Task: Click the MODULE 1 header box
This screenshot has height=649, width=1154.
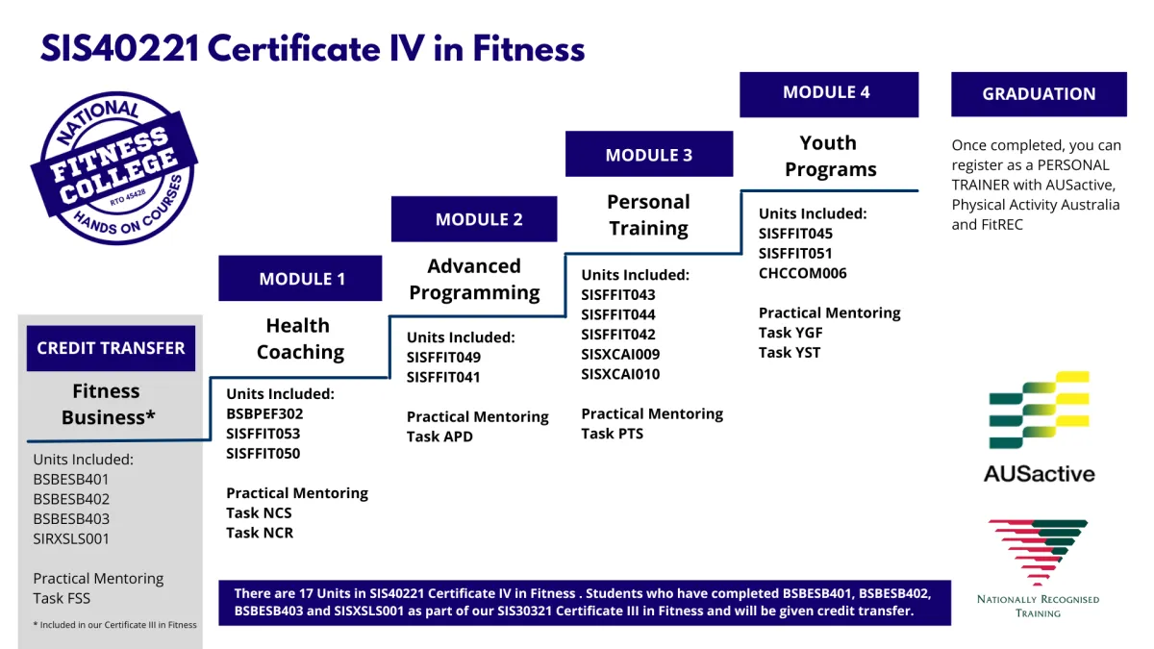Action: [300, 279]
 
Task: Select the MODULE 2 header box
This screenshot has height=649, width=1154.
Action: [474, 219]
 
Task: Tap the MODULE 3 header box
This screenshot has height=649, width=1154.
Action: [649, 155]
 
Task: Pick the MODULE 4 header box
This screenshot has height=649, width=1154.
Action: [828, 93]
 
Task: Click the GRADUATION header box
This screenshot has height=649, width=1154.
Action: [1039, 94]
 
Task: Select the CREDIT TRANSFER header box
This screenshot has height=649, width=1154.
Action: [111, 348]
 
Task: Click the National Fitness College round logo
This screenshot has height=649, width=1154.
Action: [113, 169]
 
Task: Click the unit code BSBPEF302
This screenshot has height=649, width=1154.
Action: [264, 414]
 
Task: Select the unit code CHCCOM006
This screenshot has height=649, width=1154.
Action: [803, 273]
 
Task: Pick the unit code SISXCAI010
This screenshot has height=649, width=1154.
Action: [620, 374]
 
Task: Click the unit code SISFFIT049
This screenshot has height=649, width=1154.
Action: [443, 358]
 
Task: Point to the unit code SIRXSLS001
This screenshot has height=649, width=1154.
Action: [71, 538]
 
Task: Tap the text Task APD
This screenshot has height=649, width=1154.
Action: [439, 437]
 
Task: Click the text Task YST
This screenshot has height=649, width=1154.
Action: [790, 352]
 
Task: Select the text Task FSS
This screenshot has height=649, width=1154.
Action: [62, 598]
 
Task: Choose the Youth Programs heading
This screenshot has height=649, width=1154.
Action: [830, 157]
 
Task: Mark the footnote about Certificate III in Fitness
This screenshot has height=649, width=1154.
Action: [114, 625]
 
